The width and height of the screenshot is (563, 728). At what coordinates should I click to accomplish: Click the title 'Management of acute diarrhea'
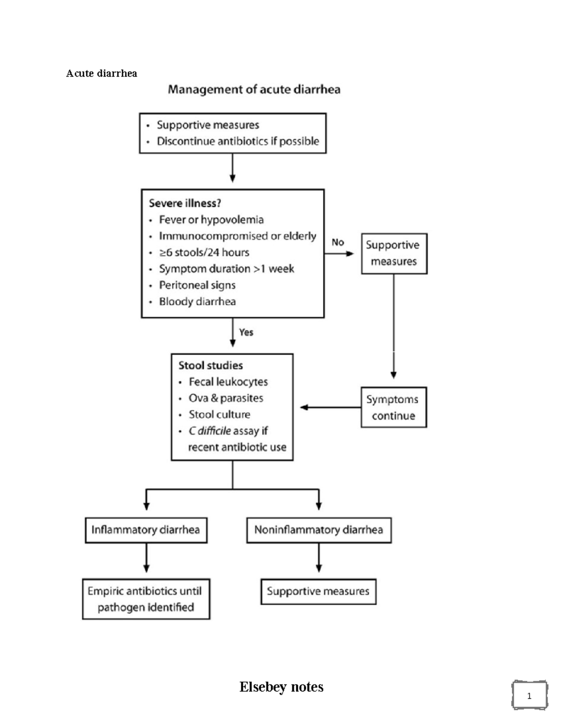click(254, 90)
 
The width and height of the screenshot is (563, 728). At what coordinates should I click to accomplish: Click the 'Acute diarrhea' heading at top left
click(101, 73)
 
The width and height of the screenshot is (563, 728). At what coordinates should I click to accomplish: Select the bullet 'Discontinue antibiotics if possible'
click(237, 141)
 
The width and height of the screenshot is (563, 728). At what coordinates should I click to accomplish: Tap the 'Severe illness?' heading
click(185, 203)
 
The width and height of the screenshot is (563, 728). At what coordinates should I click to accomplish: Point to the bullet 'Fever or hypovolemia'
click(211, 219)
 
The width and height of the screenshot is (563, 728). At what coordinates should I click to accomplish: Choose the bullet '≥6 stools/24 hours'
click(204, 252)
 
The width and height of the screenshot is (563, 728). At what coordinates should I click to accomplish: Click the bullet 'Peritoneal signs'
click(197, 285)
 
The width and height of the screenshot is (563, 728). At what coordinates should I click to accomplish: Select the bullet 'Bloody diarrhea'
click(197, 301)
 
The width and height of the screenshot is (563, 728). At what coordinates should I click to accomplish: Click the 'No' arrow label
click(338, 242)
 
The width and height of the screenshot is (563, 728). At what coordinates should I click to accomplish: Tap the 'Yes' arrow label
click(246, 332)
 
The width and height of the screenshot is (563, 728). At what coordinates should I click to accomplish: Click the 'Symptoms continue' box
click(393, 407)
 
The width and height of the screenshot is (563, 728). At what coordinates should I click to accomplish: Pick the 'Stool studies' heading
click(211, 365)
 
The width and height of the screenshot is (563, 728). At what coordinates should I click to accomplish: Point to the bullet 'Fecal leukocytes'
click(228, 382)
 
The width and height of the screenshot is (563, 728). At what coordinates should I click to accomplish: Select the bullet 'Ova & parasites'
click(226, 398)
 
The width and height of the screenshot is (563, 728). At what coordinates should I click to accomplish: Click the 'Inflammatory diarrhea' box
click(146, 530)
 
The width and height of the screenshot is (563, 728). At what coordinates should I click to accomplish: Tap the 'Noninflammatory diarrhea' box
click(319, 530)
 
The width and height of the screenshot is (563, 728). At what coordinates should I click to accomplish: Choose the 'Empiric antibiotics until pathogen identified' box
click(146, 599)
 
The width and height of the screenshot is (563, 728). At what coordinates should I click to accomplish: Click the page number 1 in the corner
click(529, 696)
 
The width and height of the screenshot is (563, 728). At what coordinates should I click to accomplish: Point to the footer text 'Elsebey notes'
click(281, 687)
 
